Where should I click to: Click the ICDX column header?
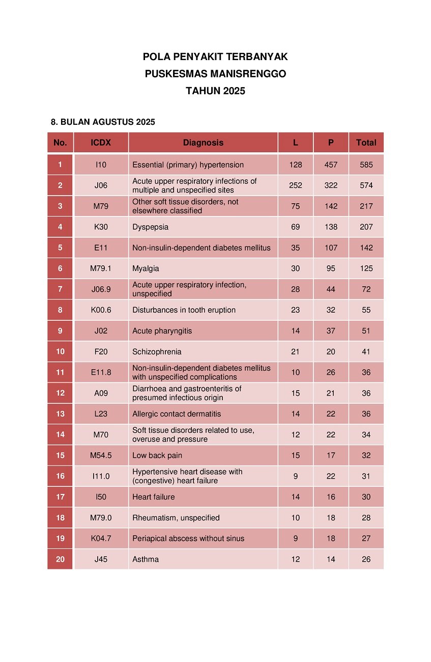click(101, 143)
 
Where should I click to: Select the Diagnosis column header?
click(203, 143)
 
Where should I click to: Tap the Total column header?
click(366, 143)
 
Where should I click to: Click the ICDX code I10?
click(101, 165)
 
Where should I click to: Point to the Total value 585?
click(366, 165)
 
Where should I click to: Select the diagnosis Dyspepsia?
click(150, 227)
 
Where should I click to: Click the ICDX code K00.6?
click(101, 310)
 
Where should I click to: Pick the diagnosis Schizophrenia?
click(157, 352)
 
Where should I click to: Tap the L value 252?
click(296, 185)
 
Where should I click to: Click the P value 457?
click(331, 165)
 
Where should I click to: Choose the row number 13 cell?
click(60, 414)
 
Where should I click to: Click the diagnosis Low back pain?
click(157, 456)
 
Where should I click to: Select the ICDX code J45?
click(101, 560)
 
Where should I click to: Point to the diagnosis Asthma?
click(146, 560)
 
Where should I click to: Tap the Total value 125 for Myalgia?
click(366, 268)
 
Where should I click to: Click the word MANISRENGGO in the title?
click(242, 74)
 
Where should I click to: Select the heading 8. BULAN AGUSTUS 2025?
click(103, 122)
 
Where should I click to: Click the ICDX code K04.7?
click(101, 539)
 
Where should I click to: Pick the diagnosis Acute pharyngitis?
click(162, 331)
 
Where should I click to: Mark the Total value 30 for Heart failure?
click(366, 497)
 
